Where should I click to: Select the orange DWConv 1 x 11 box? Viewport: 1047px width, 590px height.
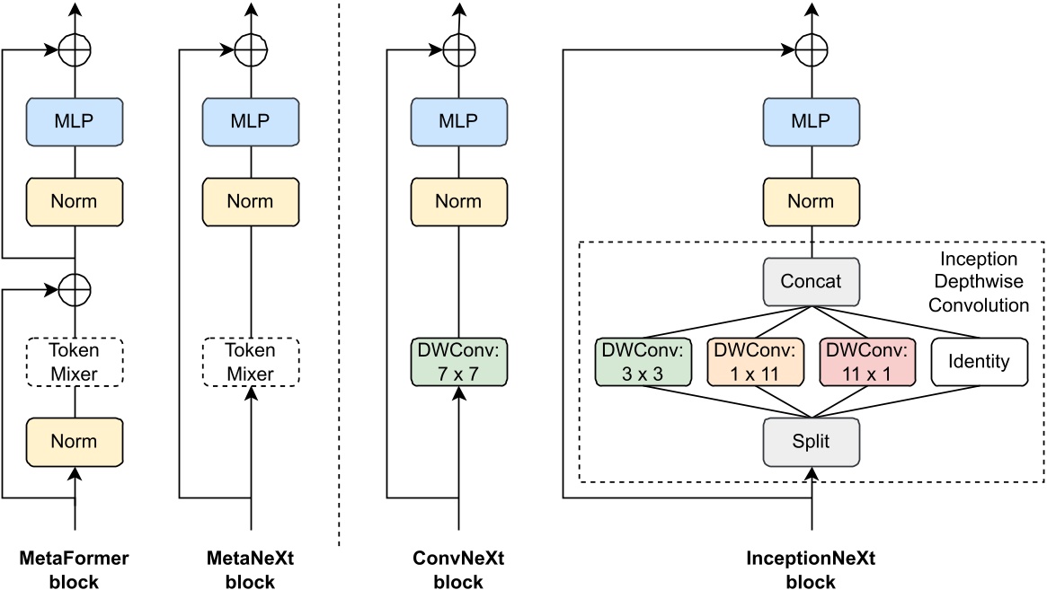pos(753,362)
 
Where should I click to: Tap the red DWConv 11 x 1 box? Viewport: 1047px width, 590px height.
pos(865,362)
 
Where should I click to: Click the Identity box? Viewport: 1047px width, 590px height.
pos(978,362)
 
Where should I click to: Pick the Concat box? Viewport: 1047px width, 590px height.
pos(811,281)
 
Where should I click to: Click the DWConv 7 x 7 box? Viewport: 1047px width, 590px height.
pos(459,362)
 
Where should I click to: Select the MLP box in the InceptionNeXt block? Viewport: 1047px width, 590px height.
pos(811,120)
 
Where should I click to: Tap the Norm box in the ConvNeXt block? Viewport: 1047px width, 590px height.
pos(459,201)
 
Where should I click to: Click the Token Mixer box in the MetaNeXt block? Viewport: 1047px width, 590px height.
pos(250,362)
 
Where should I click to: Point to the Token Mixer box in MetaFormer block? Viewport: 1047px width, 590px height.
pos(75,362)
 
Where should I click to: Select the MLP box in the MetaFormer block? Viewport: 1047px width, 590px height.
pos(75,120)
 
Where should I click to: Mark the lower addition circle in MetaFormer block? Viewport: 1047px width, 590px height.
pos(75,289)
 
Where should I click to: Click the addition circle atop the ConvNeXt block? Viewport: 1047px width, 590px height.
pos(459,48)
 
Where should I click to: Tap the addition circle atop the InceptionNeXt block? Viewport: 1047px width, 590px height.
pos(811,48)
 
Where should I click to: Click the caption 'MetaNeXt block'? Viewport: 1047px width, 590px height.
pos(250,569)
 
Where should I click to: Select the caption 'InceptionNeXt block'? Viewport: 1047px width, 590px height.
pos(811,569)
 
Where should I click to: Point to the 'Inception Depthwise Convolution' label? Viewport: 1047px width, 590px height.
pos(978,282)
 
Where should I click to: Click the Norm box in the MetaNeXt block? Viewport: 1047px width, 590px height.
pos(250,201)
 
